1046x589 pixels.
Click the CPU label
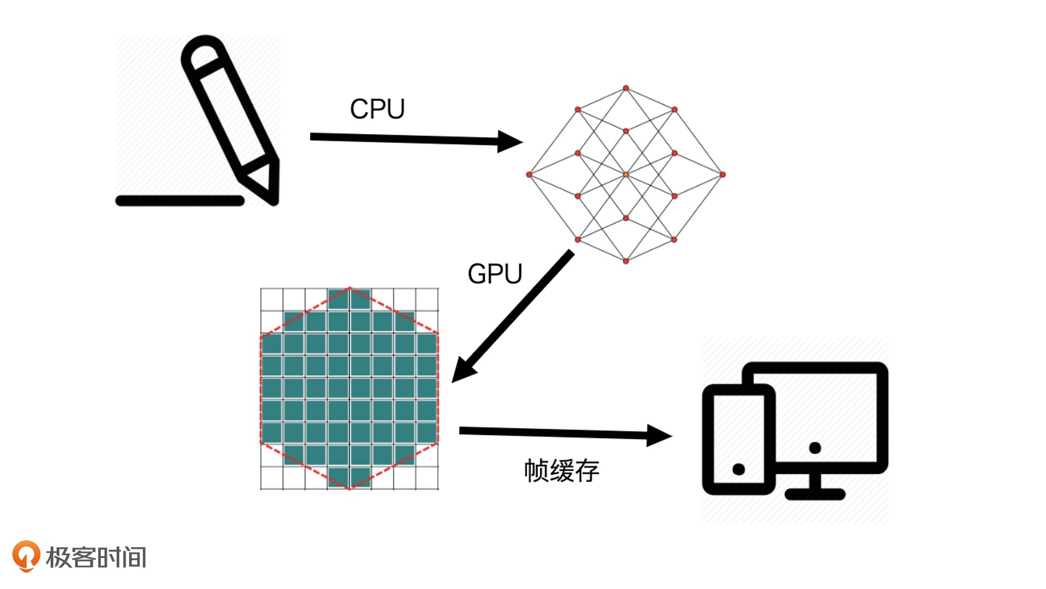pos(377,109)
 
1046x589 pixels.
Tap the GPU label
pos(495,274)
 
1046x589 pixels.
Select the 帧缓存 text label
pos(562,471)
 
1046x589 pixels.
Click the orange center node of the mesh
pos(626,175)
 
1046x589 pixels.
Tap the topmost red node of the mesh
pos(626,88)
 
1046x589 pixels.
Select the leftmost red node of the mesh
pos(529,175)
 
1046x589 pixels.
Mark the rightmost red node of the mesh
pos(722,175)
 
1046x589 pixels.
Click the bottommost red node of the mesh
pos(626,261)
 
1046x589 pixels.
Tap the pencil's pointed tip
pos(273,200)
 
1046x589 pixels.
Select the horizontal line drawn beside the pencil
pos(180,201)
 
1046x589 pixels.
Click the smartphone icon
pos(738,440)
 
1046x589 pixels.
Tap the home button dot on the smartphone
pos(739,469)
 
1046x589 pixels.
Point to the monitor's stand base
pos(815,494)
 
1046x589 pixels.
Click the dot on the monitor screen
pos(815,448)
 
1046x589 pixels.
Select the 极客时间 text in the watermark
pos(96,557)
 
